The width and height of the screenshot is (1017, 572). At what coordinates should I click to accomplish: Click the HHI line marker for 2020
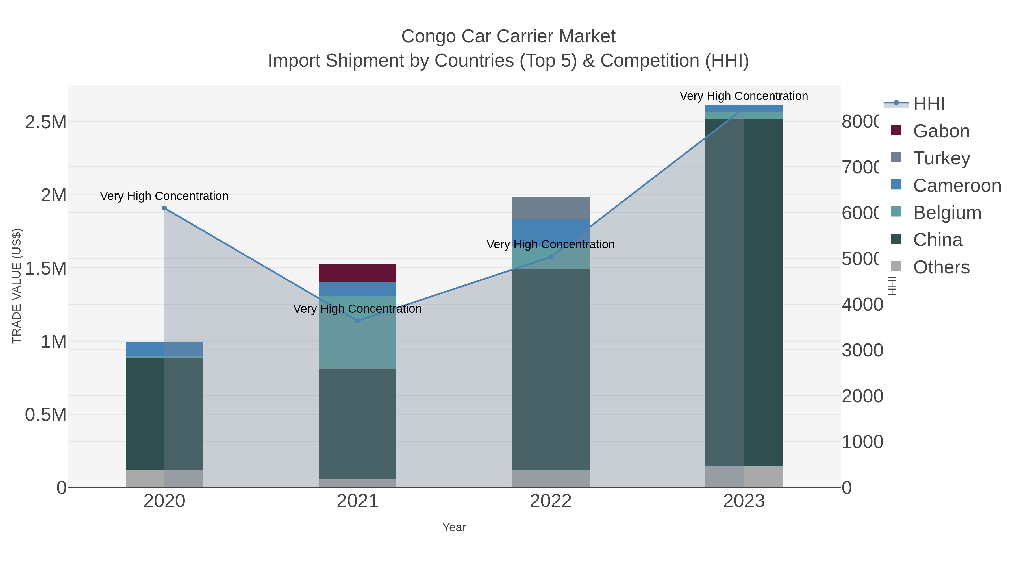(x=165, y=208)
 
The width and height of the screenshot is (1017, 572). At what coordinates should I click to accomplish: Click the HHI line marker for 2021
(x=358, y=321)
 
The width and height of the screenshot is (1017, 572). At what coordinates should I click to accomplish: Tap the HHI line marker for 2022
(x=551, y=257)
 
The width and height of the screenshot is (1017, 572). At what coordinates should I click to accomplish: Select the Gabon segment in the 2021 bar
(x=358, y=273)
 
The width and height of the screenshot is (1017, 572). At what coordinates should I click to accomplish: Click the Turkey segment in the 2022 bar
(x=551, y=208)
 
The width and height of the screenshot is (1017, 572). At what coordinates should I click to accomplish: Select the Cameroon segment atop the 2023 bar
(x=744, y=108)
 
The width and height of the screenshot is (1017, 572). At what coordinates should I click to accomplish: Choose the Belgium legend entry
(x=947, y=213)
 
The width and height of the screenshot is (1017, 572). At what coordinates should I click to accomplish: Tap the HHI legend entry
(x=929, y=104)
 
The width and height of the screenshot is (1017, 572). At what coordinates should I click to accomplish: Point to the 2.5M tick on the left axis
(x=46, y=122)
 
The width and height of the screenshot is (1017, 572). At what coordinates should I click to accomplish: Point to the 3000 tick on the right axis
(x=862, y=350)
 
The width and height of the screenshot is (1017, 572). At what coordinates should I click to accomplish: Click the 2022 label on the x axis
(x=551, y=501)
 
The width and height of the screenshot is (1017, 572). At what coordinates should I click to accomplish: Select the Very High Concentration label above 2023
(x=744, y=96)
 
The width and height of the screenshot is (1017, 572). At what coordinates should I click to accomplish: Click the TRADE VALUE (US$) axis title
(x=17, y=286)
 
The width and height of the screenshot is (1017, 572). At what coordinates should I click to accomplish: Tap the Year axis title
(x=454, y=527)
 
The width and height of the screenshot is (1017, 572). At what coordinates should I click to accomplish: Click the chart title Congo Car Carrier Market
(x=508, y=36)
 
